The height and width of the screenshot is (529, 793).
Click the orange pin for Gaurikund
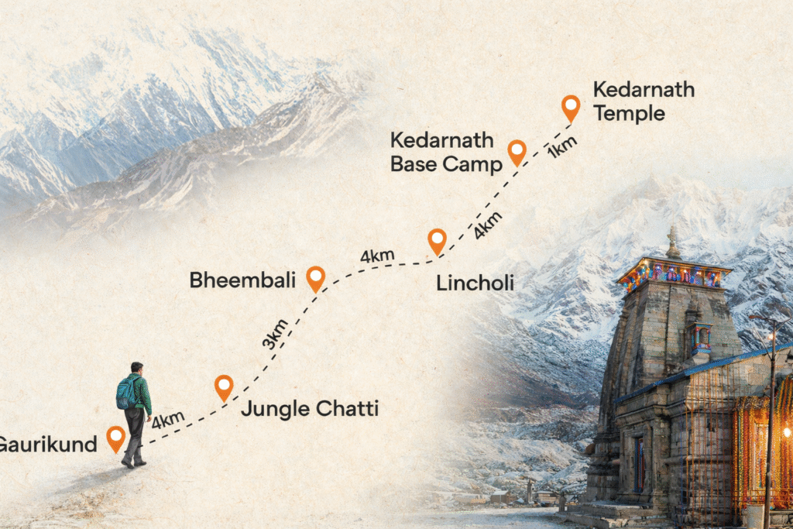click(115, 438)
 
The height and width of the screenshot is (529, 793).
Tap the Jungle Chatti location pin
click(224, 386)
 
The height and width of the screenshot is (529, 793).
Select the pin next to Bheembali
click(315, 277)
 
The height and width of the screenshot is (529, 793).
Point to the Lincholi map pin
click(438, 240)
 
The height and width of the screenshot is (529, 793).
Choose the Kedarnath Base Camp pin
click(517, 152)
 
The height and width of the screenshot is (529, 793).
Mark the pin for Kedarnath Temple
click(571, 107)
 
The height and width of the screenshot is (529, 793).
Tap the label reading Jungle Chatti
click(309, 408)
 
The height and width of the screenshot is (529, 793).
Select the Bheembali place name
click(242, 280)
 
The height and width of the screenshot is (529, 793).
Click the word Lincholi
click(475, 283)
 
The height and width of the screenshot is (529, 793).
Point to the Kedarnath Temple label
click(643, 101)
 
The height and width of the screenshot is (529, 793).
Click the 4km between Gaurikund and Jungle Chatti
click(168, 421)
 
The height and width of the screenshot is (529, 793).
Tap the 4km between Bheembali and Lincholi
click(377, 254)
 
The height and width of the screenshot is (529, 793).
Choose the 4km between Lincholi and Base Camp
click(488, 224)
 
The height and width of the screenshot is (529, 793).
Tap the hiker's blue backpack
click(125, 393)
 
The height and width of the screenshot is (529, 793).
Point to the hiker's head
click(137, 368)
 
